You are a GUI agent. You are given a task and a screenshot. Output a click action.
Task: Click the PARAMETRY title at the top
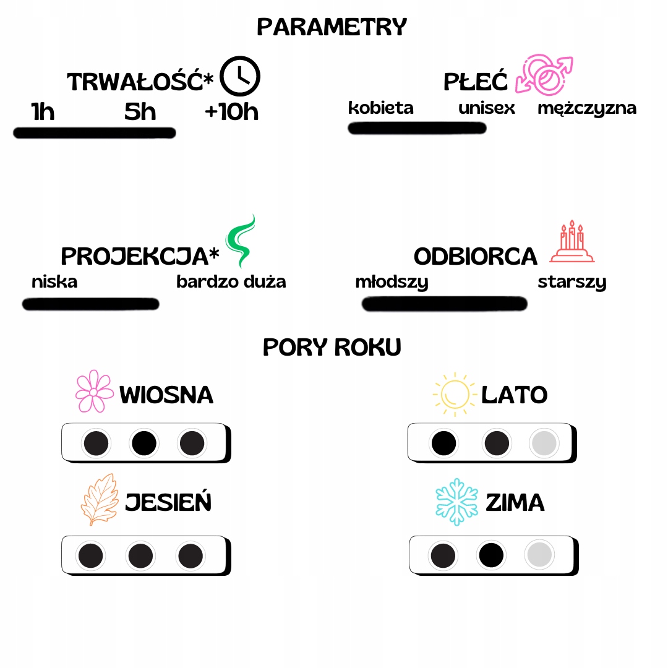click(x=332, y=27)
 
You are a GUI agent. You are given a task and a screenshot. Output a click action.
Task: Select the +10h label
click(x=231, y=112)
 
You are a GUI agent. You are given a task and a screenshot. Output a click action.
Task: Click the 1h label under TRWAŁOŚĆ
click(x=43, y=112)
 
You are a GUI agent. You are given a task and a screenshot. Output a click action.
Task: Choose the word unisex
click(x=487, y=108)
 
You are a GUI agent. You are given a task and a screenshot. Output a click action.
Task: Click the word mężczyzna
click(x=586, y=108)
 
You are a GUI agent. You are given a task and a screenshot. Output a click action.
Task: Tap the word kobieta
click(x=380, y=108)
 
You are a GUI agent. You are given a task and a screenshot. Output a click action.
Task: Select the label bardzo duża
click(x=231, y=282)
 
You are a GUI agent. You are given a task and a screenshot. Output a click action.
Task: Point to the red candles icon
click(x=572, y=242)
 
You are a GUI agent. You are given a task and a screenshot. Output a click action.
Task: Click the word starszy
click(x=572, y=283)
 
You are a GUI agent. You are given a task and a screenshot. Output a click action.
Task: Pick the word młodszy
click(x=392, y=283)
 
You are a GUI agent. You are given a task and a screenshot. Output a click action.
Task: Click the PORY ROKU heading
click(x=332, y=347)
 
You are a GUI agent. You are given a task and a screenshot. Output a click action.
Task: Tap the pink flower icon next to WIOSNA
click(x=94, y=392)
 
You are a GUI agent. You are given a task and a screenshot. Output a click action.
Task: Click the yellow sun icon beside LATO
click(x=455, y=393)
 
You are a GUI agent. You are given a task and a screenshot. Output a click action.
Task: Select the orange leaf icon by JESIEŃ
click(x=99, y=499)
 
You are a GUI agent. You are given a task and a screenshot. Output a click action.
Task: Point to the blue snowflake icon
click(x=457, y=501)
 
